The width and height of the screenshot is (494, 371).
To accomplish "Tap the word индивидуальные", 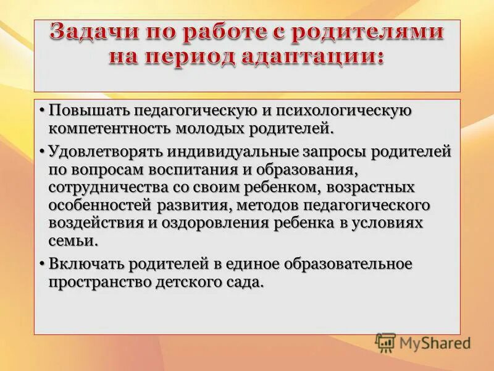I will click(x=218, y=151).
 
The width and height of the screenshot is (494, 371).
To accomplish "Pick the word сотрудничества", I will click(x=103, y=187).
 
